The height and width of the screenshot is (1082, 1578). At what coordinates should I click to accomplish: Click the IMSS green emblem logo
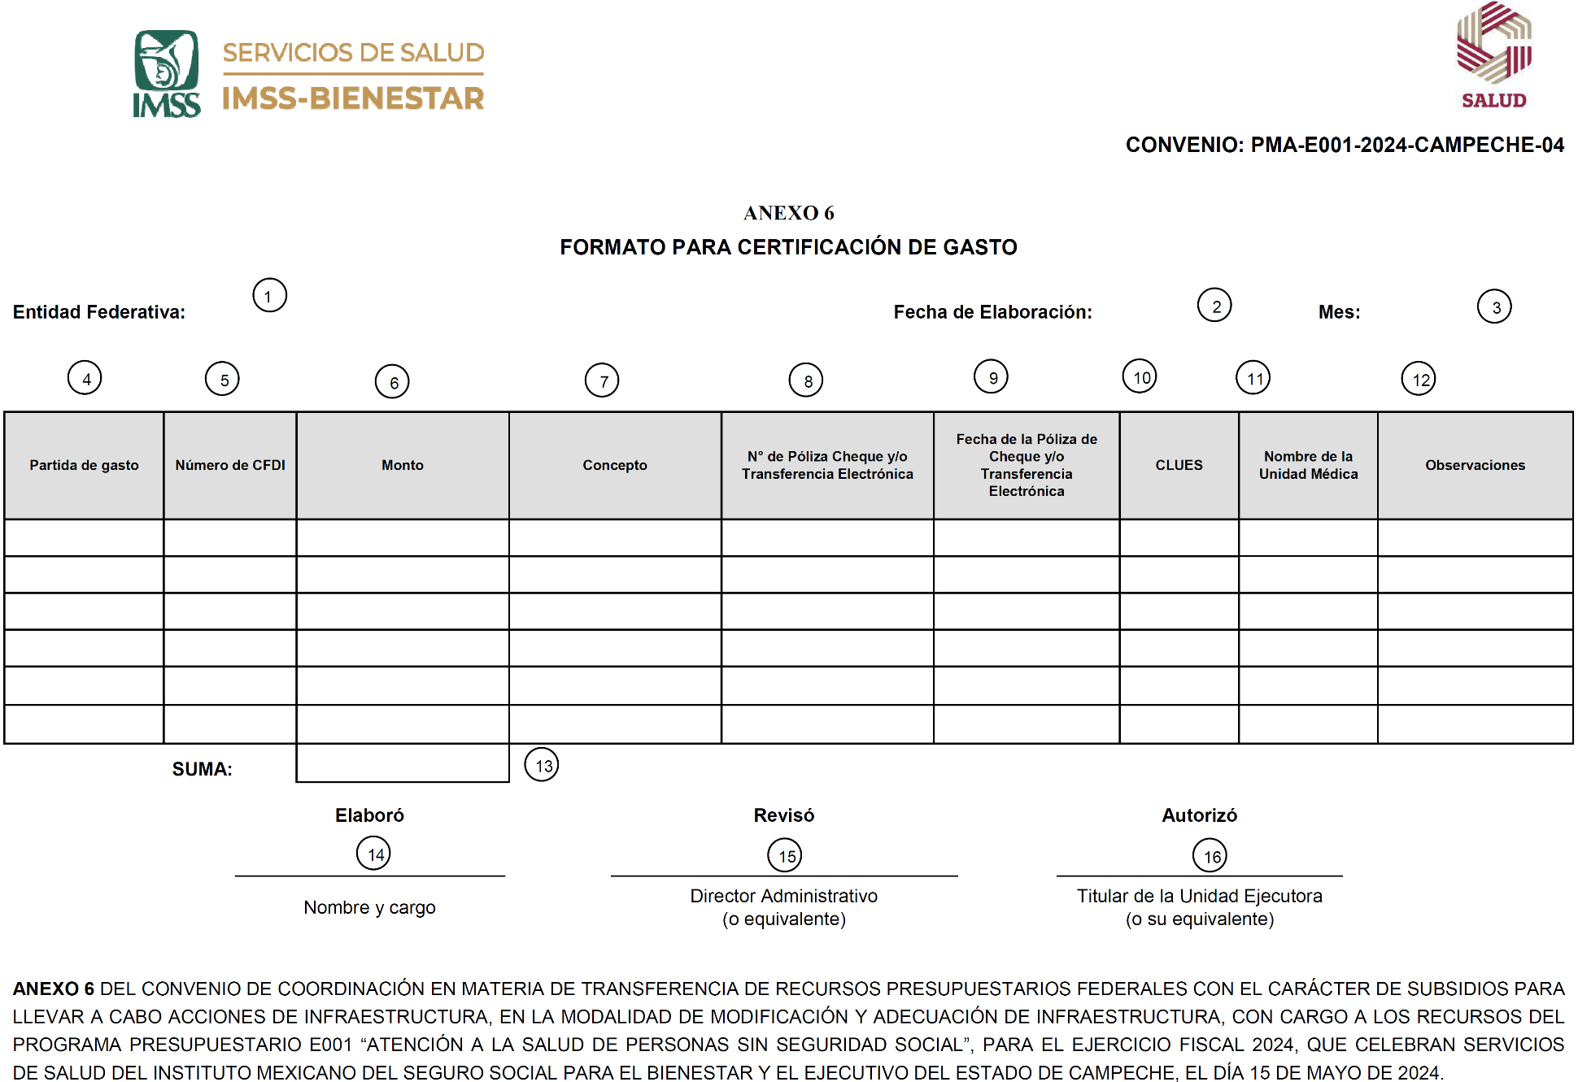(x=167, y=73)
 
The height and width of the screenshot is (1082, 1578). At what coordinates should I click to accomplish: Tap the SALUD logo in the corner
(x=1493, y=55)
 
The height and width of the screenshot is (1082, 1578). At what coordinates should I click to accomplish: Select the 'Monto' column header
(x=403, y=465)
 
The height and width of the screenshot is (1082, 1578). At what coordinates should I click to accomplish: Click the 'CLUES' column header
(x=1179, y=465)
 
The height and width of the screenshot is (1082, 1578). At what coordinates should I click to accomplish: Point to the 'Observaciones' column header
(x=1475, y=465)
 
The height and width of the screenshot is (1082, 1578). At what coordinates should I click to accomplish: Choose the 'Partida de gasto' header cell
(x=84, y=465)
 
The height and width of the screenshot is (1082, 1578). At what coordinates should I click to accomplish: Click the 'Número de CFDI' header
(x=230, y=465)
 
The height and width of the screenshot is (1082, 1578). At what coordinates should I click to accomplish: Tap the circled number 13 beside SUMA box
(x=542, y=765)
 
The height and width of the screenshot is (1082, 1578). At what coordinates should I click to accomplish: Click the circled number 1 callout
(x=269, y=295)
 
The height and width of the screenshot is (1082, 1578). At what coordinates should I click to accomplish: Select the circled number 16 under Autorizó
(x=1210, y=855)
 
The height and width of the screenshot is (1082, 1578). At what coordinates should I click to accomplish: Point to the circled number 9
(x=991, y=376)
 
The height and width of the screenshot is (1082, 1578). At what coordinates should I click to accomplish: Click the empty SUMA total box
(x=403, y=763)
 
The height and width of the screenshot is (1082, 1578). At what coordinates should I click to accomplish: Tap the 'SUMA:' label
(x=202, y=769)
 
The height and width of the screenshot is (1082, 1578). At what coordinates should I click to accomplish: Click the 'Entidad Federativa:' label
(x=99, y=312)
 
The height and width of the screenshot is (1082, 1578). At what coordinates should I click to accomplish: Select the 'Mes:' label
(x=1339, y=312)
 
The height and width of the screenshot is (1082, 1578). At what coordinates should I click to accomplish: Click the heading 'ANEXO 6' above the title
(x=788, y=213)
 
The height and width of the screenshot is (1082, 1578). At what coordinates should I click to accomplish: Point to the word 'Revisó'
(x=783, y=815)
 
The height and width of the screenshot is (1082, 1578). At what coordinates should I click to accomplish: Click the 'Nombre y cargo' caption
(x=369, y=907)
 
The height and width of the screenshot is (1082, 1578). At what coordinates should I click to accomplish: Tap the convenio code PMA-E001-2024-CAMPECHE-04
(x=1406, y=145)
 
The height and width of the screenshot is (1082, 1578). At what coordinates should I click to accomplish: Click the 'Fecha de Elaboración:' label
(x=992, y=312)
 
